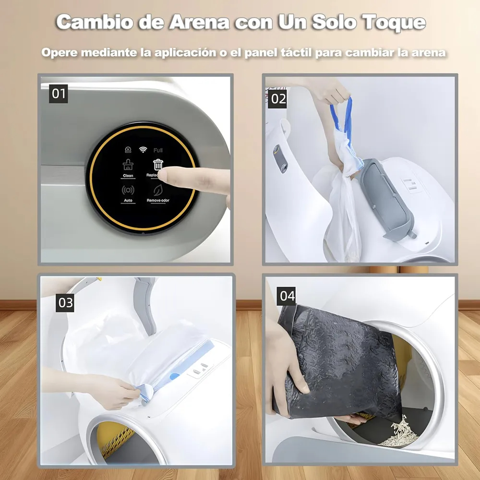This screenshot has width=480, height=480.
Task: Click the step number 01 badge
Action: (59, 93)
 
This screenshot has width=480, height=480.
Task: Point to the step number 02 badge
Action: (278, 99)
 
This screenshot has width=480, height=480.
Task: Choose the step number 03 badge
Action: (65, 303)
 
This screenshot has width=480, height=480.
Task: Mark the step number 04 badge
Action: (287, 296)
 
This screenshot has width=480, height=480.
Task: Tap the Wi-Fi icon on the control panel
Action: (143, 149)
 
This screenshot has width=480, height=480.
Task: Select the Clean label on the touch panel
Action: (128, 176)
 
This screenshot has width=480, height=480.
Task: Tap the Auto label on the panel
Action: (128, 200)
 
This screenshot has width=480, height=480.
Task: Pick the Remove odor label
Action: (158, 200)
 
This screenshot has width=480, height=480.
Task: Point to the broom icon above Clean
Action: (128, 165)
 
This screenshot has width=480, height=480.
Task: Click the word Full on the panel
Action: (158, 150)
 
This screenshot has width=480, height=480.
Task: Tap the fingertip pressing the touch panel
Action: (162, 175)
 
